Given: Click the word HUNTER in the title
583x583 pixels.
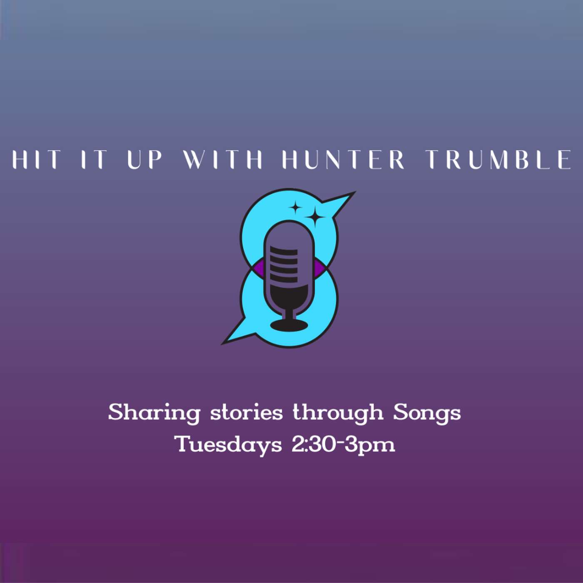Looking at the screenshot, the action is point(343,159).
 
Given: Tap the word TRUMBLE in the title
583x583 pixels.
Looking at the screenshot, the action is point(498,159).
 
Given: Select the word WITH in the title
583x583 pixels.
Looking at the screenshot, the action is point(223,159).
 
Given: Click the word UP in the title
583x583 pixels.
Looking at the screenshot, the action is point(144,159).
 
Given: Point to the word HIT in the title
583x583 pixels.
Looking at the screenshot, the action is point(36,159).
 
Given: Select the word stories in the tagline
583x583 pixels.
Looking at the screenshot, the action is point(246,413).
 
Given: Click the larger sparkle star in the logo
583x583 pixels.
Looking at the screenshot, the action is point(315,216).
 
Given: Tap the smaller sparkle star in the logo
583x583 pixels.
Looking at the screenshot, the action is point(295,208).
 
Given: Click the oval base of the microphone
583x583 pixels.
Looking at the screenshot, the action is point(289,325).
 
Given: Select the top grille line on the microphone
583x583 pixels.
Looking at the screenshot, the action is point(284,250).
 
